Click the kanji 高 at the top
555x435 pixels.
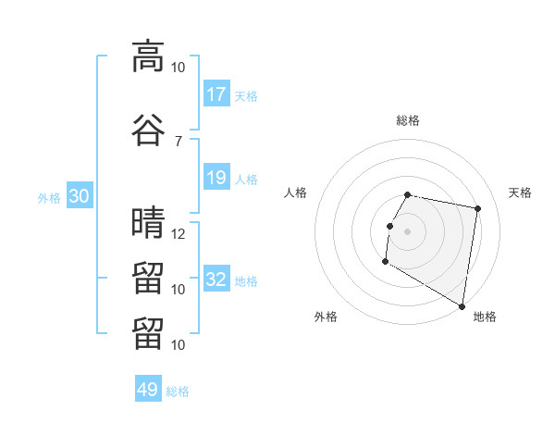[148, 56]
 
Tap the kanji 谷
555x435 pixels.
[148, 130]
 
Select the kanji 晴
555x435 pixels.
[148, 222]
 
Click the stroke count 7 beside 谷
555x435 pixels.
[178, 142]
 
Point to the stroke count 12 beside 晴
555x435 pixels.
[178, 234]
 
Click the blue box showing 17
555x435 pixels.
[216, 93]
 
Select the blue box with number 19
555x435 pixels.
[216, 177]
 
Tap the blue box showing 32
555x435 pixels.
[216, 278]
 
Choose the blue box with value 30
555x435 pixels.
[80, 195]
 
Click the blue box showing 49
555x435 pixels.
[148, 388]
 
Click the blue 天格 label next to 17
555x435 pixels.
[246, 96]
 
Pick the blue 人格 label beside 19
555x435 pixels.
[246, 180]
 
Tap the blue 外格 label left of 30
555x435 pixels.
[49, 198]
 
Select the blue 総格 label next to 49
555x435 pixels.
[178, 391]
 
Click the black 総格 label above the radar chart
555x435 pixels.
[408, 120]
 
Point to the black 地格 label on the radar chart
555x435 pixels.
[485, 317]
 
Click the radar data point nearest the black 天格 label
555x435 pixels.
[477, 208]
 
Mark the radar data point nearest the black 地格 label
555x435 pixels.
[462, 306]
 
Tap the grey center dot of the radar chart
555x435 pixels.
[407, 231]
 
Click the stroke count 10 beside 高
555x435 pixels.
[178, 68]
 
